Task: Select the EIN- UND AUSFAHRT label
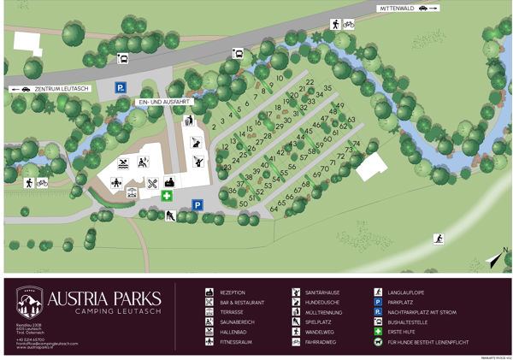pos(162,101)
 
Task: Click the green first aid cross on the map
pos(168,196)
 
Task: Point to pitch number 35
pos(327,89)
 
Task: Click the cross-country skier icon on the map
pos(439,239)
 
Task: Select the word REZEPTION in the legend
pos(233,292)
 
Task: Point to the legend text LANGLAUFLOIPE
pos(410,292)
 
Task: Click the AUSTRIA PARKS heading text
pos(103,299)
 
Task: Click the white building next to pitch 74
pos(372,168)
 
